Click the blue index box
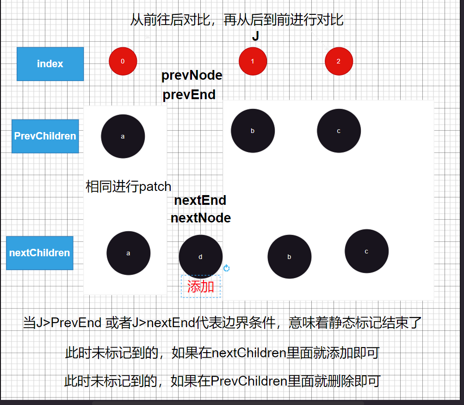tap(50, 64)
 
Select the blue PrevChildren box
tap(45, 136)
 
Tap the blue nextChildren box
tap(39, 253)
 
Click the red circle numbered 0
tap(123, 61)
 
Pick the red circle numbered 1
tap(253, 61)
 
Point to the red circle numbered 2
tap(339, 61)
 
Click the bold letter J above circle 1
tap(255, 37)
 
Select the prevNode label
tap(192, 76)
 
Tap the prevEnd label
tap(189, 95)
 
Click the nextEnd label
tap(200, 201)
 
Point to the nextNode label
tap(200, 218)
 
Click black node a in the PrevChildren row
tap(123, 136)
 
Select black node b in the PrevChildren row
tap(253, 131)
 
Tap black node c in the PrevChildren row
tap(339, 131)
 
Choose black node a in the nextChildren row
tap(128, 253)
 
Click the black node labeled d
tap(200, 257)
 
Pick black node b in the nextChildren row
tap(289, 257)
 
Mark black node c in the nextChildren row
tap(366, 251)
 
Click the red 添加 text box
tap(201, 286)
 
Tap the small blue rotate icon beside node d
tap(227, 268)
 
